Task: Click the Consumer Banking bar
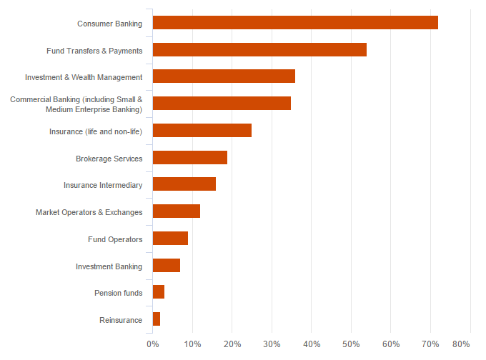(295, 23)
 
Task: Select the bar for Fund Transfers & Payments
(259, 50)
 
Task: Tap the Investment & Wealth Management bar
(224, 76)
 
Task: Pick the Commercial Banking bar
(222, 104)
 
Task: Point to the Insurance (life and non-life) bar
(202, 131)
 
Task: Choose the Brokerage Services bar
(190, 158)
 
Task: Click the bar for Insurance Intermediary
(184, 184)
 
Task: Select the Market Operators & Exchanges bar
(177, 211)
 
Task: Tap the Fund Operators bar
(170, 239)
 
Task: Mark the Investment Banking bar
(167, 266)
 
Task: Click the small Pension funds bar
(159, 292)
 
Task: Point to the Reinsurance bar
(157, 319)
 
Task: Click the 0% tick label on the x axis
(153, 344)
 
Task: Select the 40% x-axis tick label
(312, 344)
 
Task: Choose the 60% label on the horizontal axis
(390, 344)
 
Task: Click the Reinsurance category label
(121, 320)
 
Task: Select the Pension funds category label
(119, 293)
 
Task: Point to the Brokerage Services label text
(109, 159)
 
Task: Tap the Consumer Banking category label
(110, 24)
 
